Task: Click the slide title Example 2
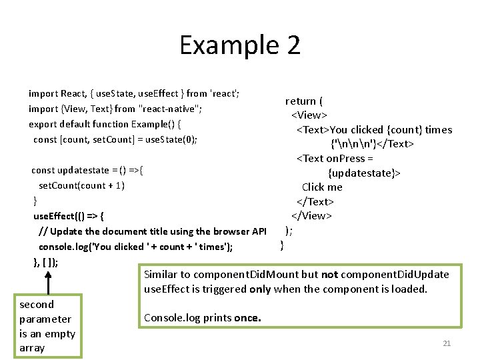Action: point(240,45)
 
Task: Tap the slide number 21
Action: point(447,343)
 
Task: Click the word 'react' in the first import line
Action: point(224,94)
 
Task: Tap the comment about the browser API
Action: point(153,231)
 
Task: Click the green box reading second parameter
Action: point(47,326)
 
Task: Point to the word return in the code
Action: point(301,101)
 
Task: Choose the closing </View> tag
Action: point(311,215)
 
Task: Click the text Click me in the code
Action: point(322,187)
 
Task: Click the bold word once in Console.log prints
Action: point(247,318)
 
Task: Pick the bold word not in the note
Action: point(329,275)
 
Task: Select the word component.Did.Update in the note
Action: point(395,275)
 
